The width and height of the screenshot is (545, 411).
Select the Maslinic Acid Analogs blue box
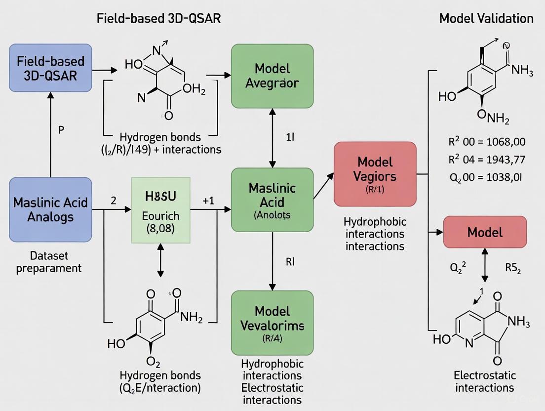click(50, 210)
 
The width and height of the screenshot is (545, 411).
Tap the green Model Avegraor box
click(272, 76)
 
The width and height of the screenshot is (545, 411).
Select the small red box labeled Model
click(485, 232)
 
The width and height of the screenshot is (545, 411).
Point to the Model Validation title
click(486, 19)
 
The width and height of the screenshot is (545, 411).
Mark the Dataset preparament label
click(48, 262)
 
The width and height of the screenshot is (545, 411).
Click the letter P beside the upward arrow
click(61, 130)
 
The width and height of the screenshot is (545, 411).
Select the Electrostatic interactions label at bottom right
click(484, 381)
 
